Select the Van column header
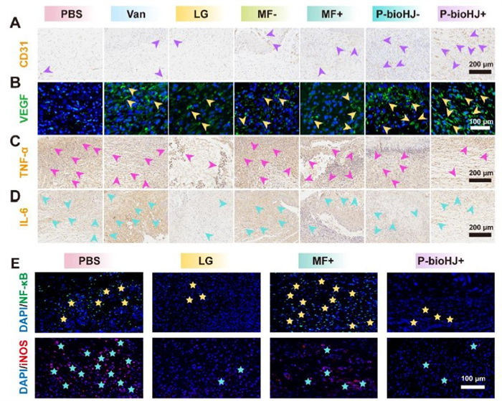click(x=136, y=14)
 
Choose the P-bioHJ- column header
click(x=396, y=14)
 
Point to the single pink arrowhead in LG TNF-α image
click(x=212, y=166)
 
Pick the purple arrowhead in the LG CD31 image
click(x=178, y=44)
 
